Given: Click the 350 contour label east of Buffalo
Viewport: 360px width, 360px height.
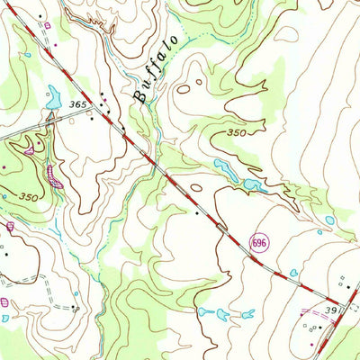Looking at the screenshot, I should (236, 133).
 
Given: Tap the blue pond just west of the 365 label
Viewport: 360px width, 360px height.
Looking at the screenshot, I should (54, 94).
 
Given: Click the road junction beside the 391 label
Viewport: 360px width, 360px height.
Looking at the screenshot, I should (340, 306).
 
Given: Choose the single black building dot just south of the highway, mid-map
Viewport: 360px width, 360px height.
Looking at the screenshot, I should (197, 214).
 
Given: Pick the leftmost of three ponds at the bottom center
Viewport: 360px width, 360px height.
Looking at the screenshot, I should (203, 312).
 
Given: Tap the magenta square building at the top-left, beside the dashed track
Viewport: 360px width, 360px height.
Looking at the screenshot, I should (54, 41).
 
